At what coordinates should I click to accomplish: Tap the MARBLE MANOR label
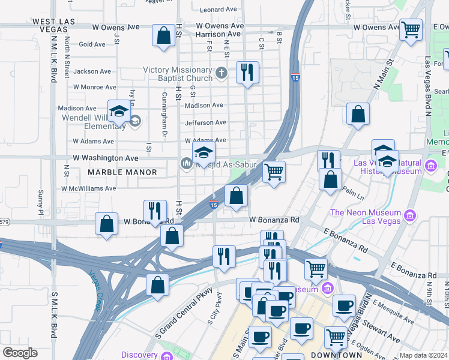click(x=122, y=172)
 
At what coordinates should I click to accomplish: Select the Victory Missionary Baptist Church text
click(x=178, y=74)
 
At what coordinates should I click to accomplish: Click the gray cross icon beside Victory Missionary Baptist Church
click(x=221, y=73)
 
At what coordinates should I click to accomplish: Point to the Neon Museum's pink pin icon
click(x=410, y=215)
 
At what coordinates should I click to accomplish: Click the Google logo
click(x=20, y=353)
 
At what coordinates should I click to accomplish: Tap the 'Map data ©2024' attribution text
click(x=423, y=355)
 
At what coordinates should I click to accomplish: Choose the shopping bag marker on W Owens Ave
click(x=163, y=36)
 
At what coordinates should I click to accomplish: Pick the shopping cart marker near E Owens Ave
click(x=411, y=29)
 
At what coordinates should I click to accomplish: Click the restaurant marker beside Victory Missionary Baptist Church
click(x=247, y=73)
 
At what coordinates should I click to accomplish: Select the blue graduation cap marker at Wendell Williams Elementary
click(x=119, y=112)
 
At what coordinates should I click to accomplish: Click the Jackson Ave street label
click(x=92, y=71)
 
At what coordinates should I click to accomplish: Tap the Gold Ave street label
click(x=92, y=44)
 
